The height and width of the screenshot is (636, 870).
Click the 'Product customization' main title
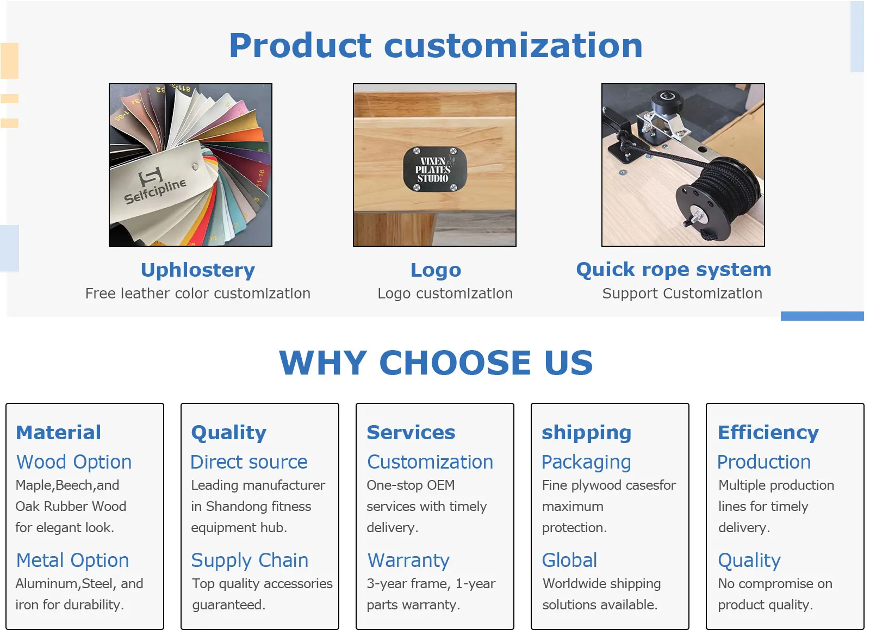pos(436,46)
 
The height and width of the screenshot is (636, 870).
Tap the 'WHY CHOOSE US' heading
pos(436,363)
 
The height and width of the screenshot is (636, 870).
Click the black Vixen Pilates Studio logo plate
pos(434,169)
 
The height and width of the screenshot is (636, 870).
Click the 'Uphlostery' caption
pos(198,270)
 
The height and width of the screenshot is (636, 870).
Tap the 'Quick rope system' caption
pos(674,270)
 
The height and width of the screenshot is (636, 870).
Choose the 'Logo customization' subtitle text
pos(445,294)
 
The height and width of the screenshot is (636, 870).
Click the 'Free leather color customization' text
pos(198,294)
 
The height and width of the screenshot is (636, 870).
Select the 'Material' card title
pos(58,433)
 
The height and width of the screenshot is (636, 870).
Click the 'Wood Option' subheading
pos(74,462)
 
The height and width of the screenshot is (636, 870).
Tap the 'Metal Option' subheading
pos(72,560)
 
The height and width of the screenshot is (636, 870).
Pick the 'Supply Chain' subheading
pos(250,561)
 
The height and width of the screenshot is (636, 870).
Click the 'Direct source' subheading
pos(249,462)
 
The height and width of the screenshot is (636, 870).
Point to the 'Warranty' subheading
pos(408,561)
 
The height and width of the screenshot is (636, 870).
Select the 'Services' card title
pos(411,433)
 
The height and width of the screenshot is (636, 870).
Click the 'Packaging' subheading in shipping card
pos(586,463)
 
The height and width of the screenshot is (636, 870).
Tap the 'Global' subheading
pos(569,560)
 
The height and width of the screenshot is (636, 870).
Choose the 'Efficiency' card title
pos(768,433)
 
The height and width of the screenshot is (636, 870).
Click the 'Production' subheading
pos(764,462)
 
